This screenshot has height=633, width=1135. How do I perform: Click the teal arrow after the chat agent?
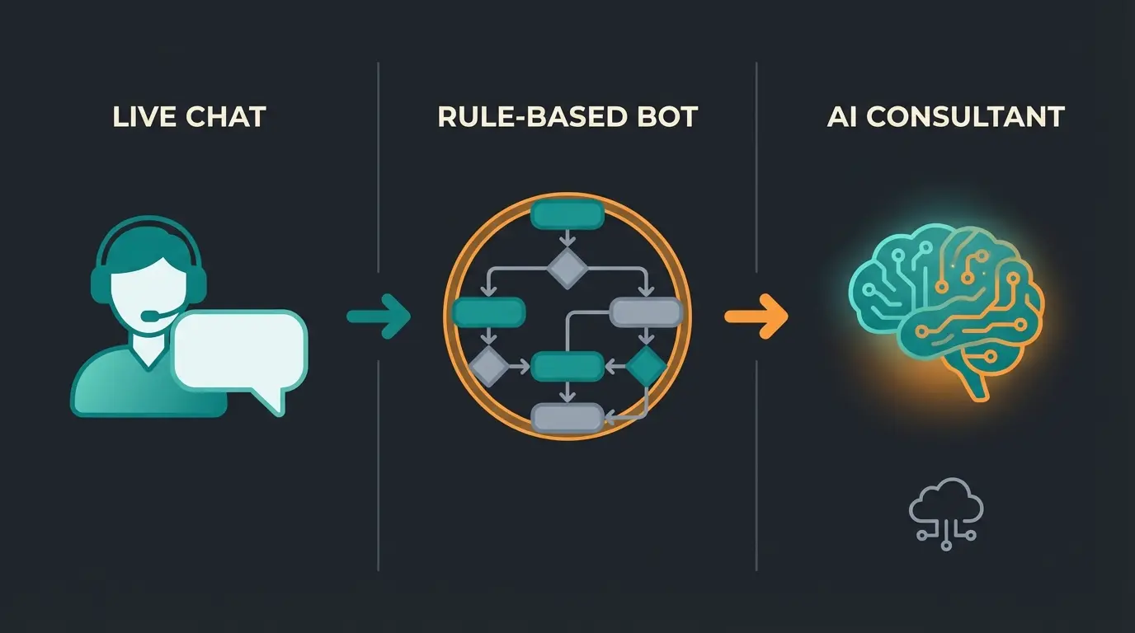[x=378, y=316]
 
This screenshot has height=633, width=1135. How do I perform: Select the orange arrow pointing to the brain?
[x=755, y=316]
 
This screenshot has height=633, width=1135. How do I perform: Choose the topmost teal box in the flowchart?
[x=567, y=215]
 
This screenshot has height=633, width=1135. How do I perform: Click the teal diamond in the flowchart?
[x=645, y=366]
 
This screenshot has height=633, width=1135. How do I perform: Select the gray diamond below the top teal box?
[x=567, y=268]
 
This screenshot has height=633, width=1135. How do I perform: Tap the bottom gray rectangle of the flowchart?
[x=567, y=418]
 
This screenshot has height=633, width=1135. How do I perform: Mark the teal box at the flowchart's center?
[x=567, y=366]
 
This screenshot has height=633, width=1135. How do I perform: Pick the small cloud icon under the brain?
[x=946, y=511]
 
